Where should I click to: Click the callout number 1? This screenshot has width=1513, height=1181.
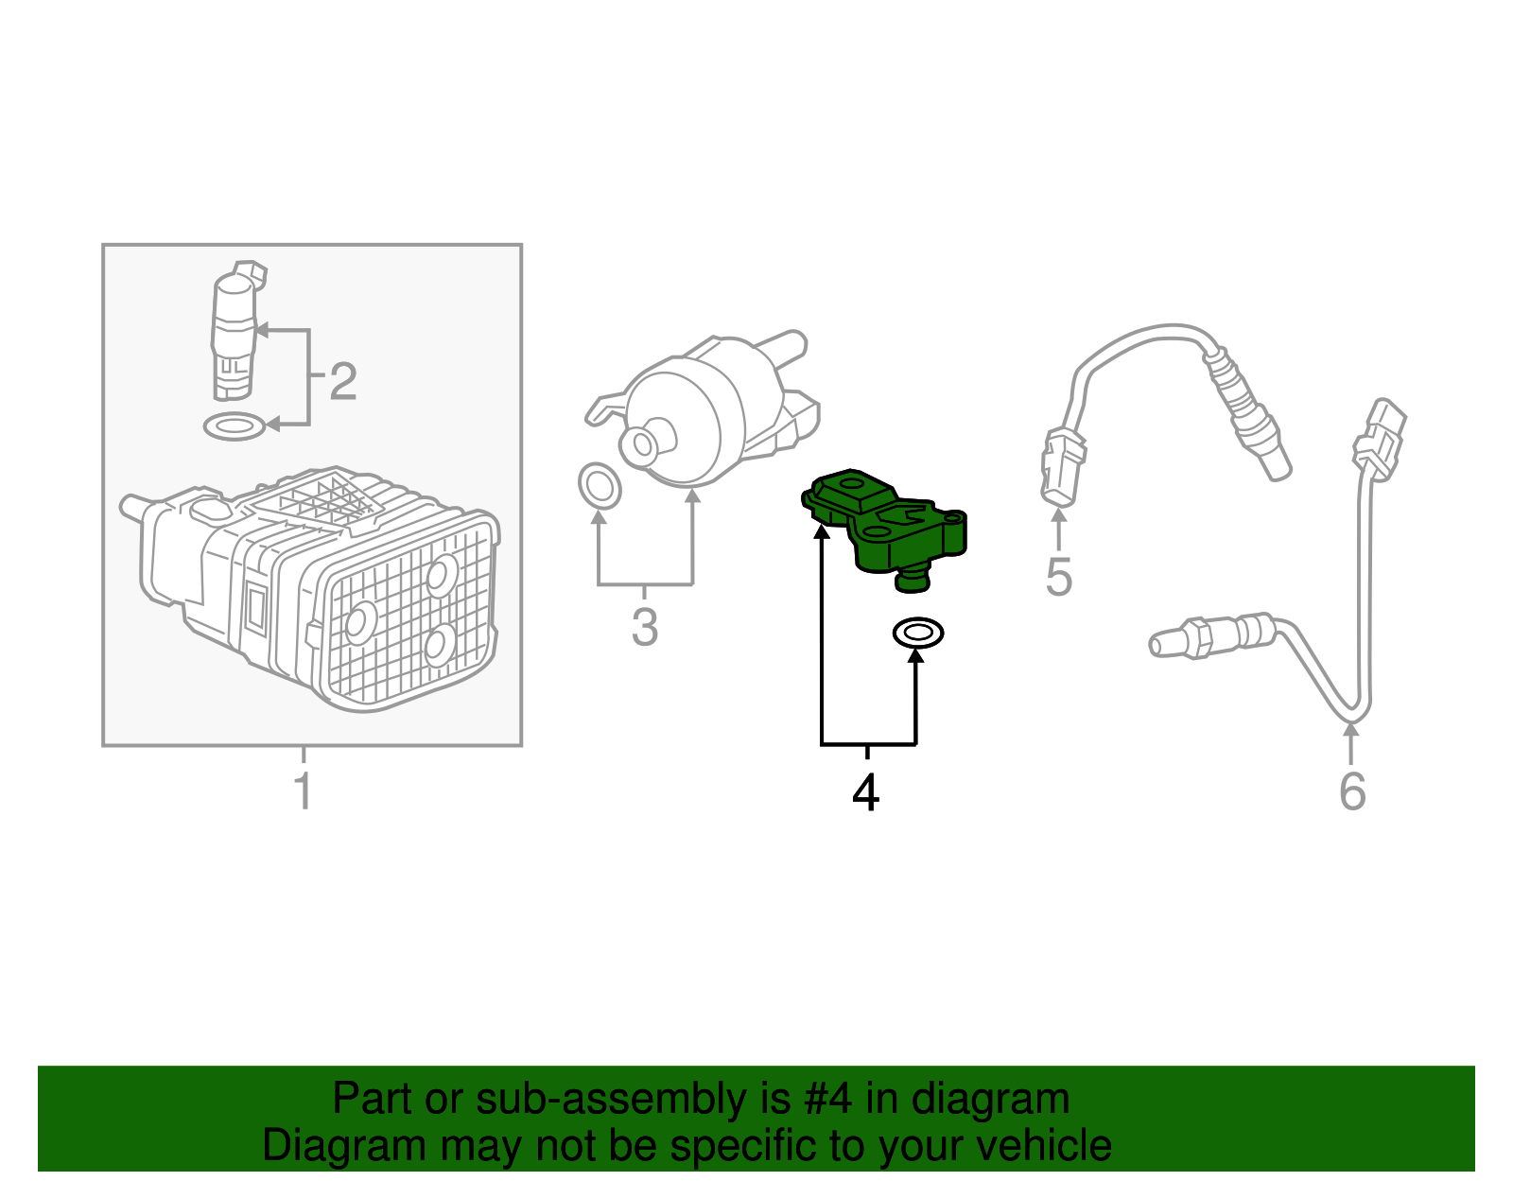(x=303, y=790)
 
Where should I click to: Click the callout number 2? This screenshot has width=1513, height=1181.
(x=342, y=381)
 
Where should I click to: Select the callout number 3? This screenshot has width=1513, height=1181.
(x=644, y=627)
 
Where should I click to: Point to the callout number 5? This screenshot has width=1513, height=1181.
(x=1058, y=578)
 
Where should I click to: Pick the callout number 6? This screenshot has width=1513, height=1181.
(x=1352, y=791)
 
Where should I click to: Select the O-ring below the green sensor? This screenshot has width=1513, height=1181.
(x=917, y=633)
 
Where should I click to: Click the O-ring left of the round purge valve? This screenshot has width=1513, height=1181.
(x=600, y=486)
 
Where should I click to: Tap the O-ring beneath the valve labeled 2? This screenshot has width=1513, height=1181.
(x=235, y=426)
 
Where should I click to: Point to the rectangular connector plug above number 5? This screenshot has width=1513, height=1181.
(x=1062, y=467)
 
